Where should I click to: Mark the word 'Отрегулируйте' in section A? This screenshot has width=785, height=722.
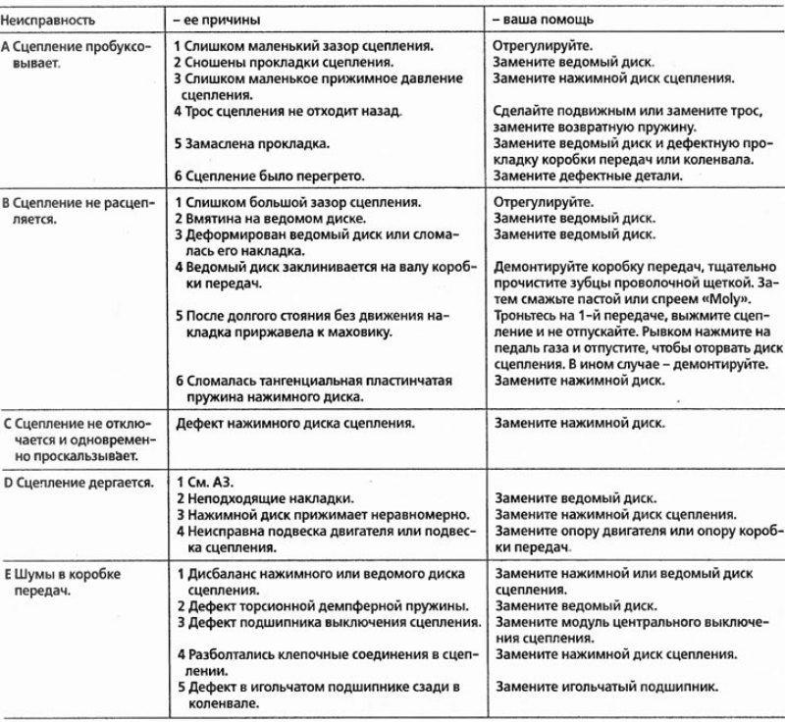tap(539, 46)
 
